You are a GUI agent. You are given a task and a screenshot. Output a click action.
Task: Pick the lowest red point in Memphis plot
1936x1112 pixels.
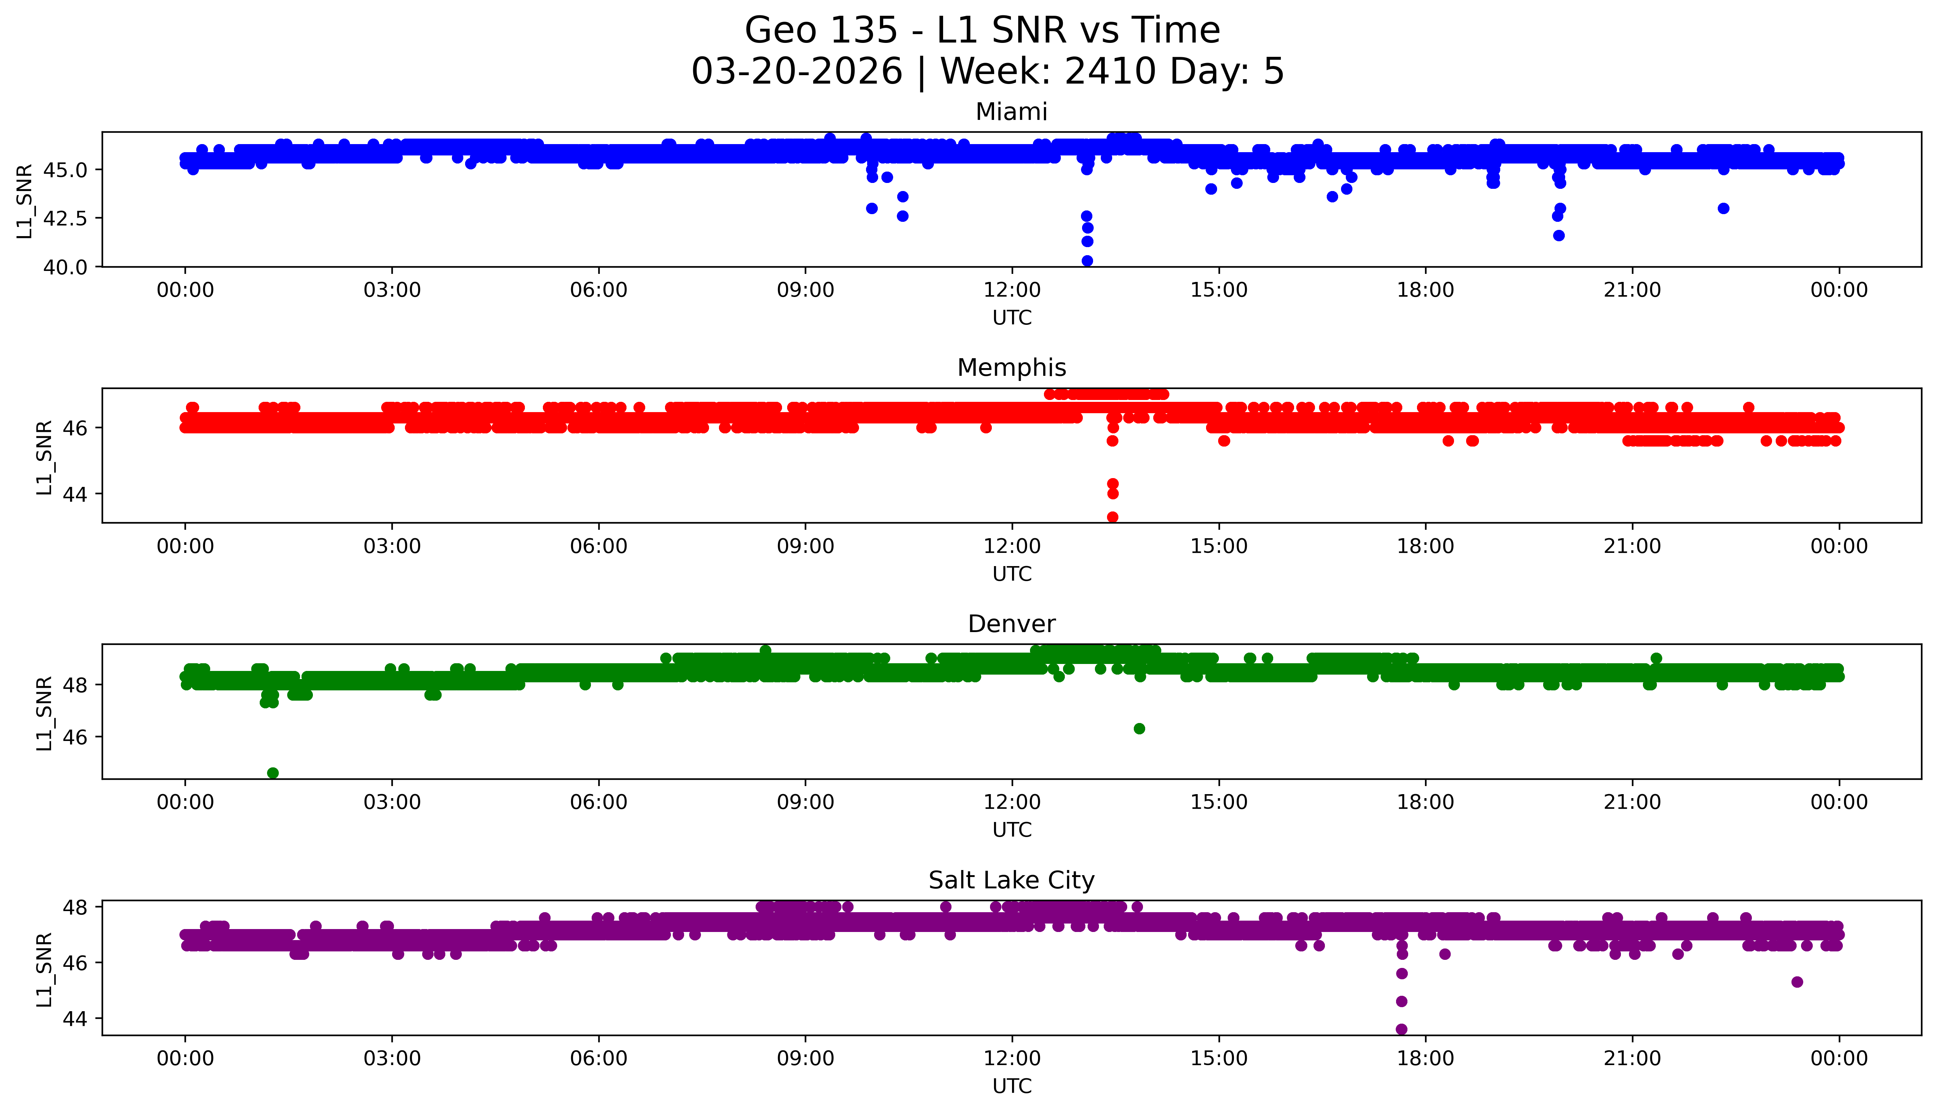pyautogui.click(x=1113, y=517)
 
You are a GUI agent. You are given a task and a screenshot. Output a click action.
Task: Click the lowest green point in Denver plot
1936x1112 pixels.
pyautogui.click(x=273, y=773)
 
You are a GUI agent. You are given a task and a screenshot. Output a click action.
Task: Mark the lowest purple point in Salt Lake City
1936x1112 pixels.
pyautogui.click(x=1401, y=1029)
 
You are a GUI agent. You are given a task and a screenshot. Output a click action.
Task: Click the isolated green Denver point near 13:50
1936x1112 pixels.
pyautogui.click(x=1139, y=729)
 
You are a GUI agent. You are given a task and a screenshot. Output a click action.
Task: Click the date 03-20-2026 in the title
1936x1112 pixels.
pyautogui.click(x=797, y=72)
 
